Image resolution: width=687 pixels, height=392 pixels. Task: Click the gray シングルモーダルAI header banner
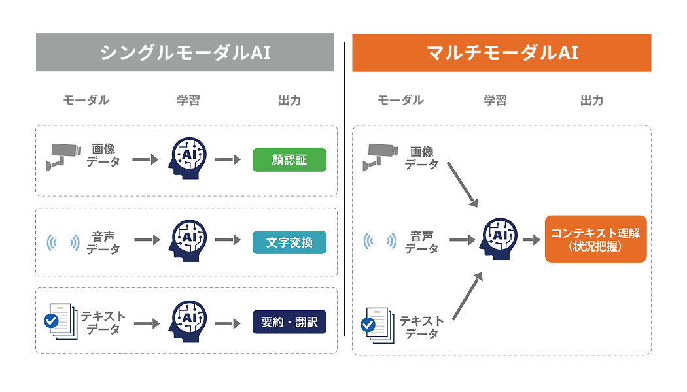pyautogui.click(x=185, y=52)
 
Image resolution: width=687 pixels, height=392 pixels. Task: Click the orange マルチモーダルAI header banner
pyautogui.click(x=502, y=52)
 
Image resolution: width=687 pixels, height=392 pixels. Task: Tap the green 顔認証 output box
pyautogui.click(x=289, y=160)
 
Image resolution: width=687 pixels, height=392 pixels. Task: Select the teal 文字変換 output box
pyautogui.click(x=289, y=242)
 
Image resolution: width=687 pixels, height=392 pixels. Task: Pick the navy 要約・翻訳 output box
pyautogui.click(x=289, y=322)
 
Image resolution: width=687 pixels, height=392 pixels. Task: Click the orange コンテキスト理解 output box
pyautogui.click(x=595, y=239)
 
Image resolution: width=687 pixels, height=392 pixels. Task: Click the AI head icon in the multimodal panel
pyautogui.click(x=498, y=238)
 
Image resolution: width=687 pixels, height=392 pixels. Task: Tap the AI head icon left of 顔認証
pyautogui.click(x=188, y=159)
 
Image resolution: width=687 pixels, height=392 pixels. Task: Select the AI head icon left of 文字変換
pyautogui.click(x=188, y=240)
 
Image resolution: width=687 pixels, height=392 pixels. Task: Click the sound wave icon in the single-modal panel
pyautogui.click(x=63, y=243)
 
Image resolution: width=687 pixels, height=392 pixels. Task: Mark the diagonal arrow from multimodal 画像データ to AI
pyautogui.click(x=462, y=184)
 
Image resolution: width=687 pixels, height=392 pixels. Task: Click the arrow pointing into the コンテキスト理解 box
pyautogui.click(x=532, y=240)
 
